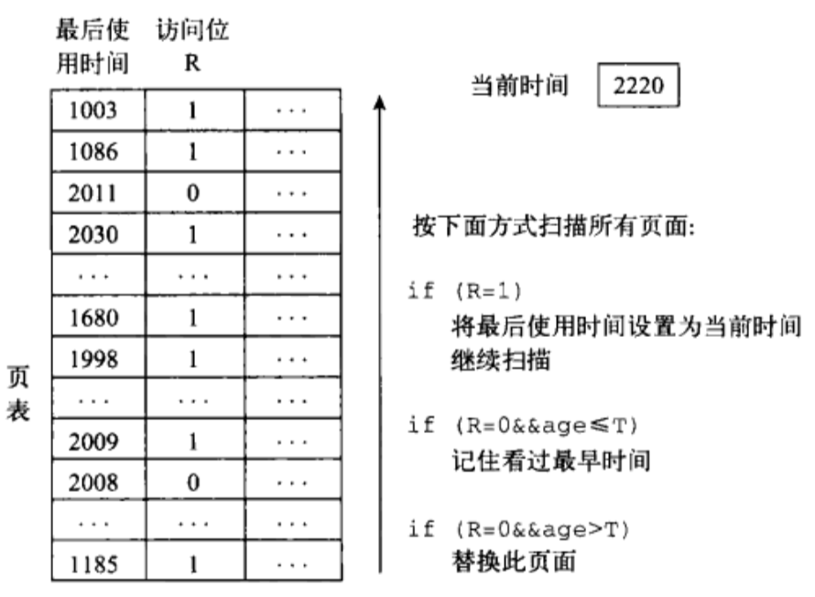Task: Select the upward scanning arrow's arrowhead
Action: (375, 103)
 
